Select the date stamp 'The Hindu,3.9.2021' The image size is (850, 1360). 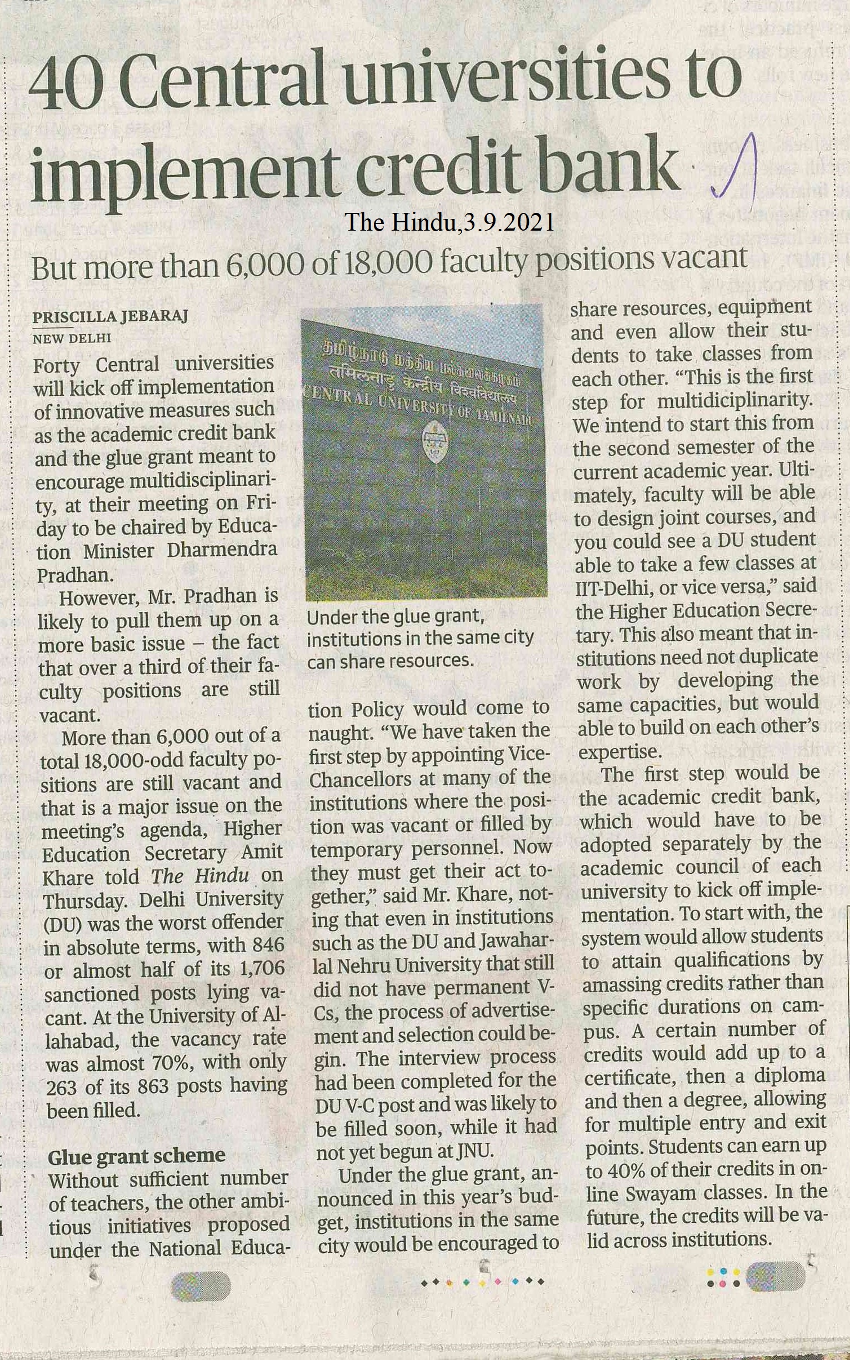pos(449,223)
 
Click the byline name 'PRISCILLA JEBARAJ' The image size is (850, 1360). pos(109,317)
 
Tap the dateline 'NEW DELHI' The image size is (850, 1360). pos(72,338)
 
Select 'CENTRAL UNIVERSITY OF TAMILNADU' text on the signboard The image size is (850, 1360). pos(419,407)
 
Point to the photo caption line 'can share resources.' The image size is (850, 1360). pos(391,662)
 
